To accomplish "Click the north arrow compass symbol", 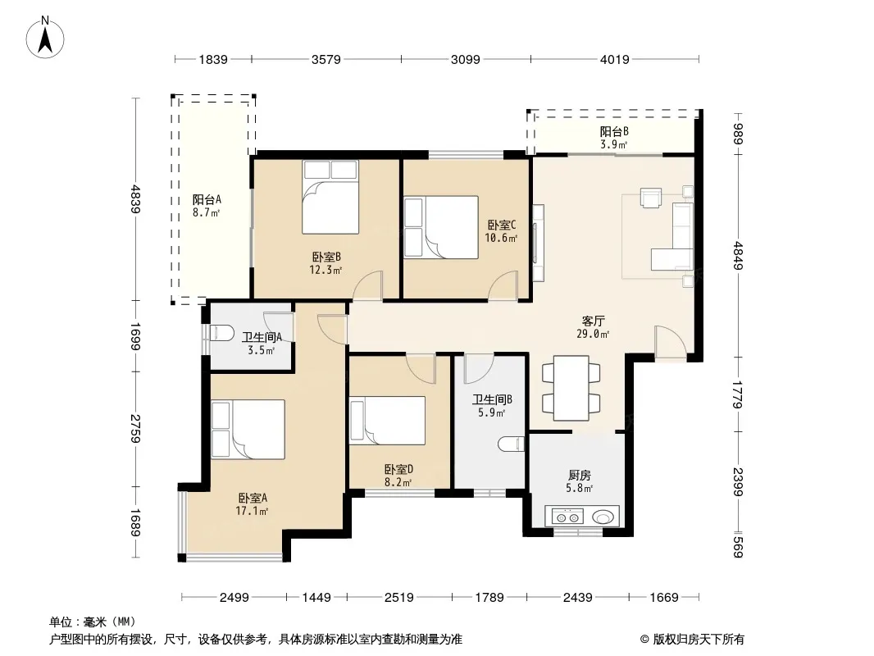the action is [45, 38].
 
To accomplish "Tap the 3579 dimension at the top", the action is [326, 59].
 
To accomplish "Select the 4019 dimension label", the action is [615, 59].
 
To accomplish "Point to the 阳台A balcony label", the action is [207, 206].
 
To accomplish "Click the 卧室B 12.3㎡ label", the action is [326, 263].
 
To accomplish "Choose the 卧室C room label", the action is [502, 225].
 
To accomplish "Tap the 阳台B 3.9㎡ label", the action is [614, 138].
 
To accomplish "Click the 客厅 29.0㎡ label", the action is [593, 327].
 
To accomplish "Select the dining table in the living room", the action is [571, 388].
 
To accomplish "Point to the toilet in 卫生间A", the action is [222, 333].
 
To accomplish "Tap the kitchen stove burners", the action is [567, 517].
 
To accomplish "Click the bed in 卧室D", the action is [387, 420].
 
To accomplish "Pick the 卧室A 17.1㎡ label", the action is [253, 504].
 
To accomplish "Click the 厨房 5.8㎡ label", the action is [580, 481].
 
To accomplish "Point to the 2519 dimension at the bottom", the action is [399, 598].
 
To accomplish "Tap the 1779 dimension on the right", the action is [737, 394].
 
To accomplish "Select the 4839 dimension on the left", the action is [135, 199].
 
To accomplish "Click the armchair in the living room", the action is [651, 198].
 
